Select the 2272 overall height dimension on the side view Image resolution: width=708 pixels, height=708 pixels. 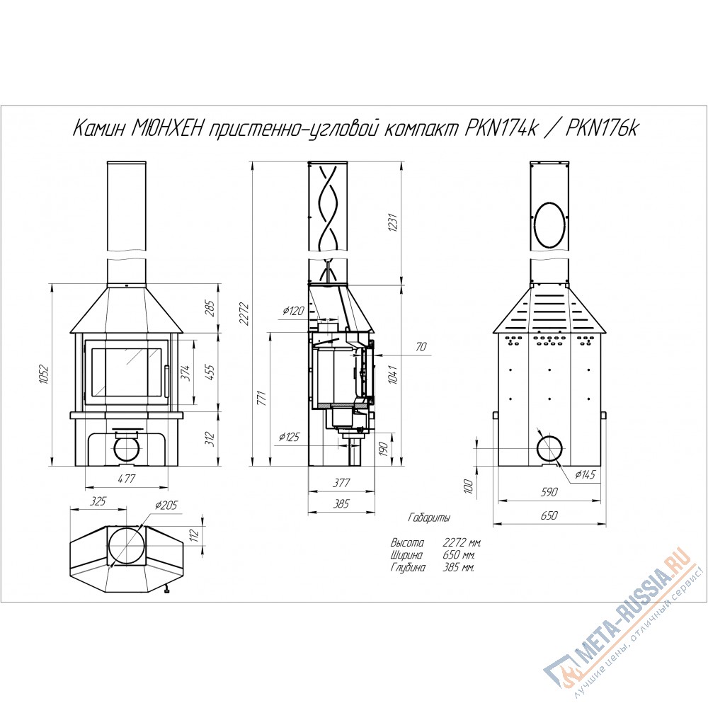(x=245, y=314)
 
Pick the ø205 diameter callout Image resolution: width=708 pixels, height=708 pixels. (x=166, y=505)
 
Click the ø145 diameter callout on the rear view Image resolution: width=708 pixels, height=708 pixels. (x=586, y=474)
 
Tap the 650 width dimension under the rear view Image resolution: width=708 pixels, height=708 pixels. (x=549, y=515)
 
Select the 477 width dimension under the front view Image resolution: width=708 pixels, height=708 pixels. (x=126, y=478)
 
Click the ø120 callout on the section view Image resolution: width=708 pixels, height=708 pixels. (x=294, y=311)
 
